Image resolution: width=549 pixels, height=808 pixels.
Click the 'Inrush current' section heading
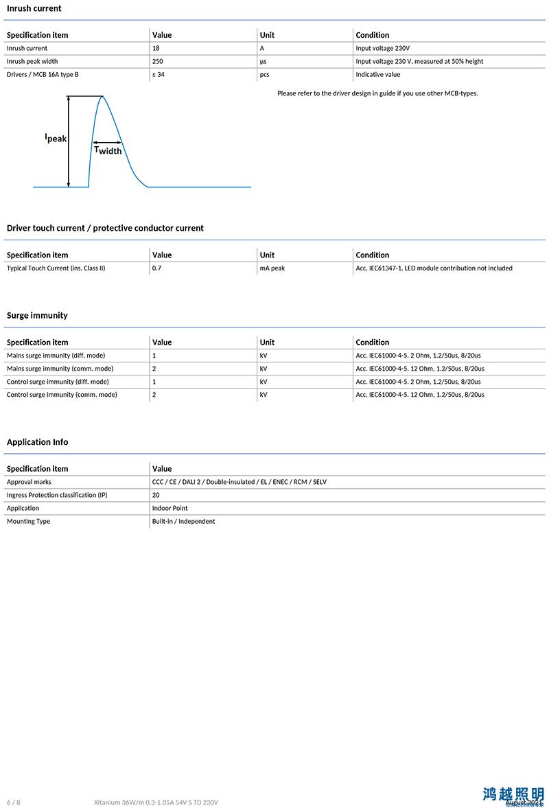tap(34, 8)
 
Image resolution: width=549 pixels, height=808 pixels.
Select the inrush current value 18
tap(156, 48)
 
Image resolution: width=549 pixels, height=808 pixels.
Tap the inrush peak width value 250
tap(158, 61)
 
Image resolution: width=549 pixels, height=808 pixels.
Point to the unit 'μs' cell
tap(263, 61)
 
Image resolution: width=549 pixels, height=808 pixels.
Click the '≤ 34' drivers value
tap(158, 74)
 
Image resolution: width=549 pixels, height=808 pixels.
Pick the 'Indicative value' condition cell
tap(377, 74)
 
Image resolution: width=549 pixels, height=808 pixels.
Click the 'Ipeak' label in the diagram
tap(56, 137)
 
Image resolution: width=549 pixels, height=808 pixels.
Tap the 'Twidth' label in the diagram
tap(108, 150)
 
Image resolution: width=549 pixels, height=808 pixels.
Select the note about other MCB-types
tap(377, 93)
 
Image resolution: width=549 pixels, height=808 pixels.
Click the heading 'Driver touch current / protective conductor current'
tap(105, 228)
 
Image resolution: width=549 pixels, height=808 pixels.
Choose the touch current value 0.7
tap(156, 268)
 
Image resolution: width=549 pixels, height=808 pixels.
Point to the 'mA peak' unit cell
tap(272, 268)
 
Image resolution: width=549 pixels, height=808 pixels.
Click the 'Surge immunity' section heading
tap(37, 315)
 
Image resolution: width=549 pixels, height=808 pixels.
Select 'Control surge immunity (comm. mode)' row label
tap(62, 395)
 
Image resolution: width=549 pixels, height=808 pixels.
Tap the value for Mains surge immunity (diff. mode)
tap(154, 356)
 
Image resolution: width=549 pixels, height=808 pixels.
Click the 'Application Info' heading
tap(38, 442)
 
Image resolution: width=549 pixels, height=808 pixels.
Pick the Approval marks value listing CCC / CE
tap(240, 482)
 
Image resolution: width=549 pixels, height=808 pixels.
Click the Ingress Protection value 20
tap(156, 495)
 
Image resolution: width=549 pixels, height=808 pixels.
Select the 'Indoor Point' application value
tap(170, 508)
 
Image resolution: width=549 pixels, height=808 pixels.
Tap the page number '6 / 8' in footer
tap(14, 802)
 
